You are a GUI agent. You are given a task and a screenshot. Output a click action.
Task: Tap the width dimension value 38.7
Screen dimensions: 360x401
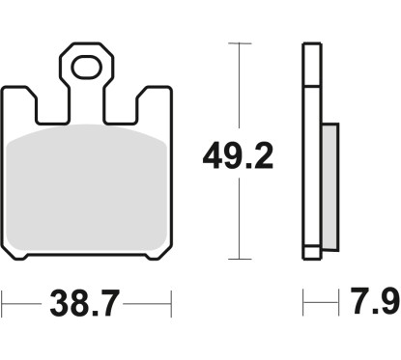click(x=84, y=308)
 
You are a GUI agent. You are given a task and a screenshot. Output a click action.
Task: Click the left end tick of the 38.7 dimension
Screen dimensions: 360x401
click(x=3, y=308)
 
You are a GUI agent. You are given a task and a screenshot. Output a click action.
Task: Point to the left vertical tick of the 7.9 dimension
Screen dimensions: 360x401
click(x=304, y=308)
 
